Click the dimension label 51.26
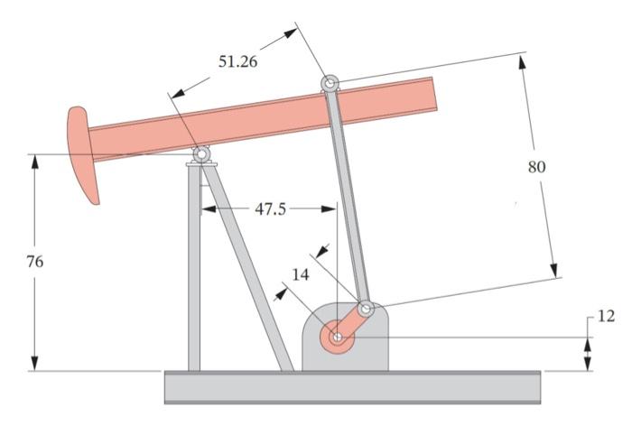point(237,62)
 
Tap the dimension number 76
point(34,262)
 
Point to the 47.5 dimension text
point(270,208)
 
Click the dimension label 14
point(302,274)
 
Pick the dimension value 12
point(606,316)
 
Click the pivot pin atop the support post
point(200,155)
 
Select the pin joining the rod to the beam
point(330,84)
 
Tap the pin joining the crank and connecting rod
point(366,309)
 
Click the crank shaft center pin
point(337,338)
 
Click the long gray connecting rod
point(349,199)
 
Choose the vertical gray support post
point(193,271)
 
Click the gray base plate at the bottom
point(352,386)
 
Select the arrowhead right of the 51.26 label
point(290,32)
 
